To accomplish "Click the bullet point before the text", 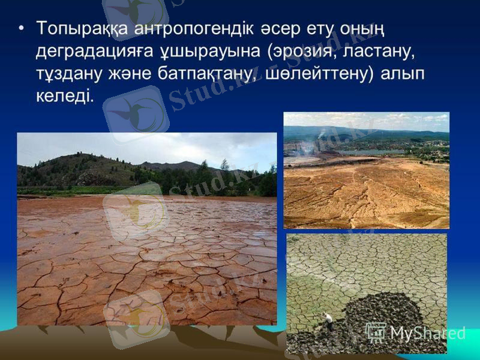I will (x=22, y=28).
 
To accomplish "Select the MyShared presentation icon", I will (x=376, y=332).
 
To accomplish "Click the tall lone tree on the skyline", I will (x=224, y=164).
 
